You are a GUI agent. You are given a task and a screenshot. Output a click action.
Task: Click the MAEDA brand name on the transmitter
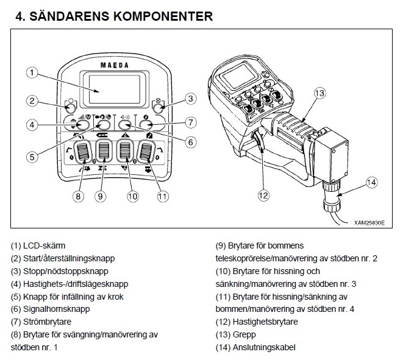click(x=115, y=65)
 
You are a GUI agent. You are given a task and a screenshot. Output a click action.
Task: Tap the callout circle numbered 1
click(x=32, y=72)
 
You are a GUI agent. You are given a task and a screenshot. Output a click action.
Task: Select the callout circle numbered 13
click(x=319, y=93)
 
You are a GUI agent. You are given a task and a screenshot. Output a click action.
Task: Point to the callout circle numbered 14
click(x=371, y=182)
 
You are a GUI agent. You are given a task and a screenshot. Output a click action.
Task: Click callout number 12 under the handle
click(x=263, y=196)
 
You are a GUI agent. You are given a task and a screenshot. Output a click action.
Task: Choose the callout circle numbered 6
click(x=190, y=142)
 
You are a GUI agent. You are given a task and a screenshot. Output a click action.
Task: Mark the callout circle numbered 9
click(x=100, y=196)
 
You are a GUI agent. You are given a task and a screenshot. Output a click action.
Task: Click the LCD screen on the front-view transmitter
click(x=115, y=89)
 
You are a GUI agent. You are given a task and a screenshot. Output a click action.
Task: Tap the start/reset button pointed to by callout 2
click(x=71, y=107)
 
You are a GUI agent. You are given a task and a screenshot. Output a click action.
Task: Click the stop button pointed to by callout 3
click(x=159, y=107)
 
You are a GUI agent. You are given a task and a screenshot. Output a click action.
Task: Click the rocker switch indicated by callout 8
click(x=83, y=152)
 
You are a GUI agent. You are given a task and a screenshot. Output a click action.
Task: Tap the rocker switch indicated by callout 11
click(x=146, y=152)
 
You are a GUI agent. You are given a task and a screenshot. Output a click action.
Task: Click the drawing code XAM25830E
click(x=369, y=223)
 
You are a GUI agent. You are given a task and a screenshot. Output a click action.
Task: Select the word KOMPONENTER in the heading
click(x=163, y=16)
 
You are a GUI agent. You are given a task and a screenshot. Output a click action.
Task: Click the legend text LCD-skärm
click(x=45, y=245)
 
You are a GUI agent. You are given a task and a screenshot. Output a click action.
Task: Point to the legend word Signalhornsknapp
click(x=57, y=309)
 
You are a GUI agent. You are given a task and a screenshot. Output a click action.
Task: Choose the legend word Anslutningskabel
click(x=264, y=347)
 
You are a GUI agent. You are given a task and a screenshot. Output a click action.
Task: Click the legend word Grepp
click(x=244, y=335)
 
